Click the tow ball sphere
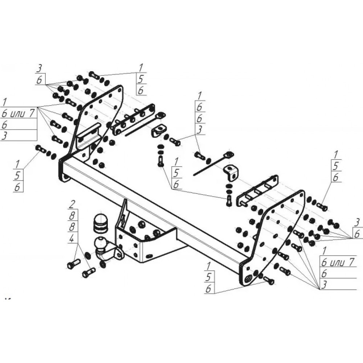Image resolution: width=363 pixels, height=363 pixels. pyautogui.click(x=101, y=243)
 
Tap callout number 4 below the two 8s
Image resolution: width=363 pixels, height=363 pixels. pyautogui.click(x=72, y=239)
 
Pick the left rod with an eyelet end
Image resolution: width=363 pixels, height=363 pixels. pyautogui.click(x=143, y=124)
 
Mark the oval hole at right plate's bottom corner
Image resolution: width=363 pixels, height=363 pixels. pyautogui.click(x=248, y=278)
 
